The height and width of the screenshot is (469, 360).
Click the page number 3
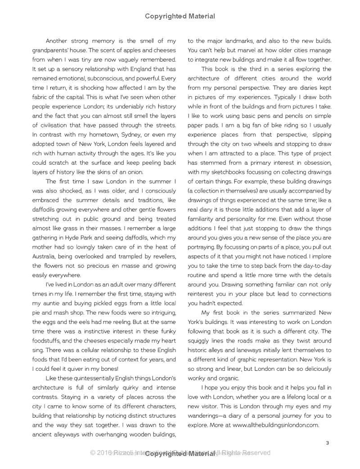coord(328,443)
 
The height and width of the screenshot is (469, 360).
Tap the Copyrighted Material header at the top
coord(180,16)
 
